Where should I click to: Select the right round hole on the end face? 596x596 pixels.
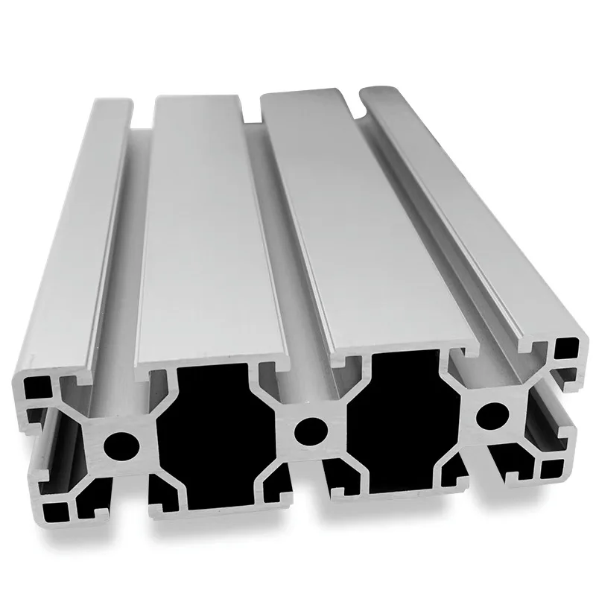[x=489, y=413]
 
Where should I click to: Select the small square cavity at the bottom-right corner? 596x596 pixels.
[x=553, y=468]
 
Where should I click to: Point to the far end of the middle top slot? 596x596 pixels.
[x=253, y=109]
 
